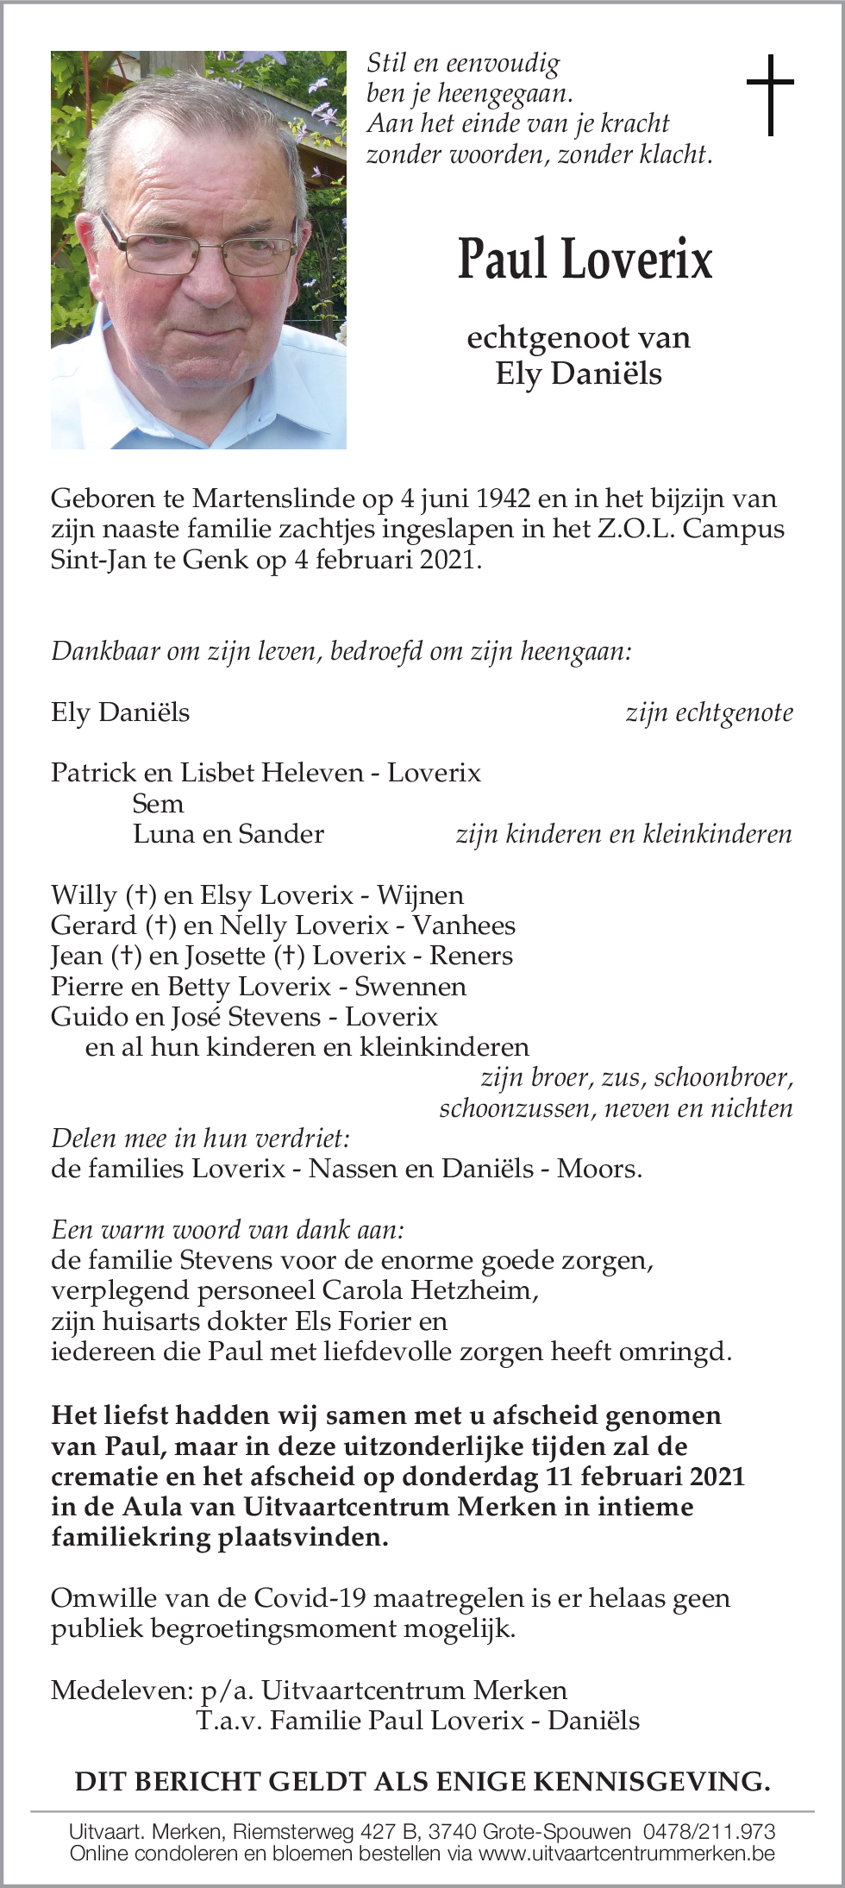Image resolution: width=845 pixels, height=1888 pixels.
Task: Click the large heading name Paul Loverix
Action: point(585,259)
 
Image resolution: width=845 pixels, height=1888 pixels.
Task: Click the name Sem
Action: point(158,804)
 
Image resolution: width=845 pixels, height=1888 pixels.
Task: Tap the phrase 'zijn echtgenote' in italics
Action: point(709,712)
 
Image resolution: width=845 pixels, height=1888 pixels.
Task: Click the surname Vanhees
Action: point(463,925)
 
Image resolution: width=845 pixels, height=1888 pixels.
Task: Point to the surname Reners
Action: point(471,956)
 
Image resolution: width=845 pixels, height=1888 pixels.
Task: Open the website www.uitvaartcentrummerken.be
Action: point(626,1853)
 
